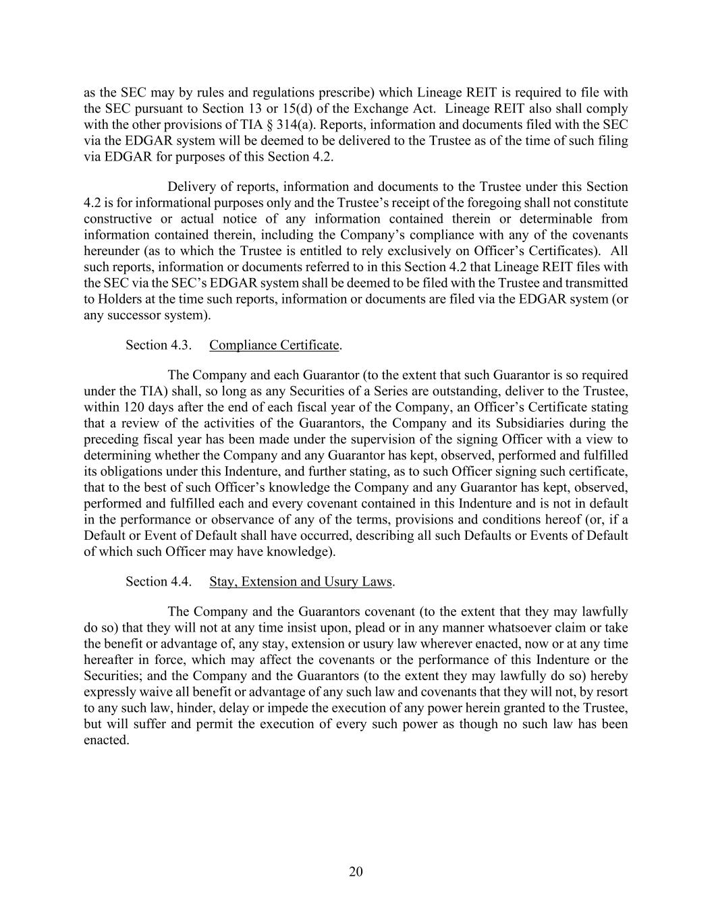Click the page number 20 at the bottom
click(x=356, y=872)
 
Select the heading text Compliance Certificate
click(x=274, y=345)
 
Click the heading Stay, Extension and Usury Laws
click(x=301, y=582)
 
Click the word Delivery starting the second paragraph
click(x=190, y=187)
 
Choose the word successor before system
click(x=142, y=315)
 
